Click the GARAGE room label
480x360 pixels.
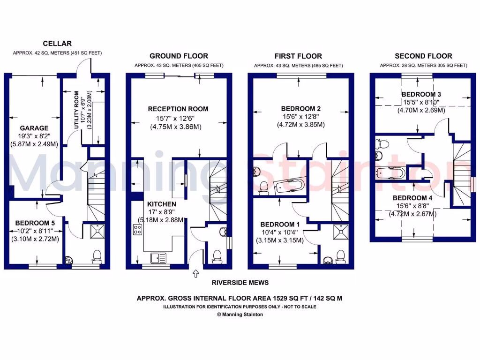[34, 127]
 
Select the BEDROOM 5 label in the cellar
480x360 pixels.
[35, 223]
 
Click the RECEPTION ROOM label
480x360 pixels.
[178, 109]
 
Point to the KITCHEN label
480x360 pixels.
[162, 204]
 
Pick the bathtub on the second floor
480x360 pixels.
[391, 173]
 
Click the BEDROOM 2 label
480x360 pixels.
[301, 109]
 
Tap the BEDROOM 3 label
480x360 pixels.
[421, 94]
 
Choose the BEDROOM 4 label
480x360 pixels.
[412, 198]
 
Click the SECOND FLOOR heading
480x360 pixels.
[423, 56]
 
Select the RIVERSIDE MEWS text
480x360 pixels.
[240, 283]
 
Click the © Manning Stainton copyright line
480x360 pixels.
[240, 315]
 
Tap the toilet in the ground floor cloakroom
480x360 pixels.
[217, 256]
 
